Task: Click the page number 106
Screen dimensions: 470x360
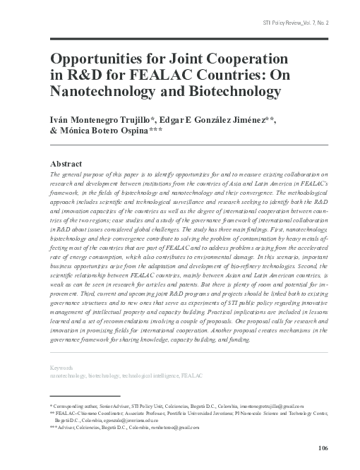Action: [323, 449]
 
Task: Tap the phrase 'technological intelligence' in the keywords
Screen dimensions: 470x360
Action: [144, 377]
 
